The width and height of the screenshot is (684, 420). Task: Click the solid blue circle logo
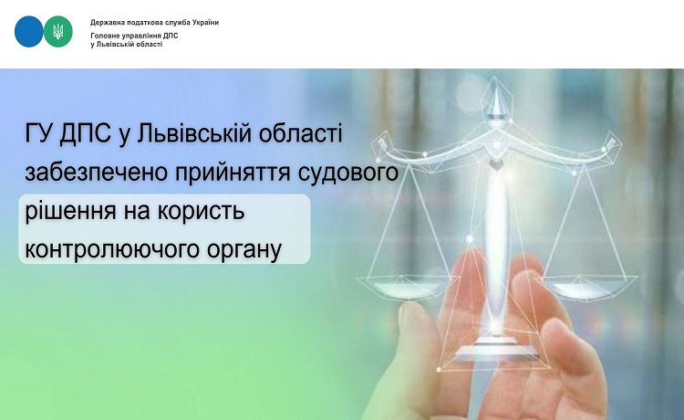pyautogui.click(x=29, y=31)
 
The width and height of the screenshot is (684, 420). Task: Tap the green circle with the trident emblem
pyautogui.click(x=58, y=31)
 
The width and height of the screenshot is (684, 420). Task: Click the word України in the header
pyautogui.click(x=205, y=22)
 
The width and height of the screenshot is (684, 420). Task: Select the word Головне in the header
pyautogui.click(x=103, y=36)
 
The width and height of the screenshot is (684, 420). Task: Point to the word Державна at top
pyautogui.click(x=105, y=22)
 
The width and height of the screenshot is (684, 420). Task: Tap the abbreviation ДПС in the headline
pyautogui.click(x=85, y=132)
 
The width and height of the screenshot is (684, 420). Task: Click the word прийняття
pyautogui.click(x=233, y=173)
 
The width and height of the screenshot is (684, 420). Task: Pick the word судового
pyautogui.click(x=348, y=173)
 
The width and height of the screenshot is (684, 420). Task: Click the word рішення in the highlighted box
pyautogui.click(x=70, y=212)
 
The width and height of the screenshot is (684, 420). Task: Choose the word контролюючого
pyautogui.click(x=109, y=250)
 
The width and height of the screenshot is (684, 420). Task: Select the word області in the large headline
pyautogui.click(x=301, y=132)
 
